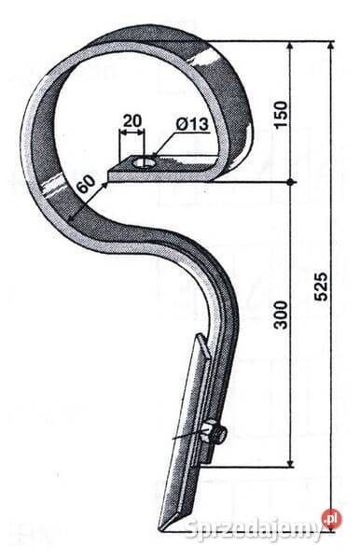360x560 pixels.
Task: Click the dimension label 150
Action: point(281,114)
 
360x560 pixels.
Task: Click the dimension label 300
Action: point(281,315)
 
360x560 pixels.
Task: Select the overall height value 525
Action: point(321,287)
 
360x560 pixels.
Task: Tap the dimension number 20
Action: point(132,121)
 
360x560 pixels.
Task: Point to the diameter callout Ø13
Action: point(192,125)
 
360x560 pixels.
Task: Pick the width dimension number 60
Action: point(87,183)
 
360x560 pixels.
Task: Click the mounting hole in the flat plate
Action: point(143,163)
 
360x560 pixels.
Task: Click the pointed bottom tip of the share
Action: point(160,529)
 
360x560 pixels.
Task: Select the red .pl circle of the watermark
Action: point(331,519)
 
